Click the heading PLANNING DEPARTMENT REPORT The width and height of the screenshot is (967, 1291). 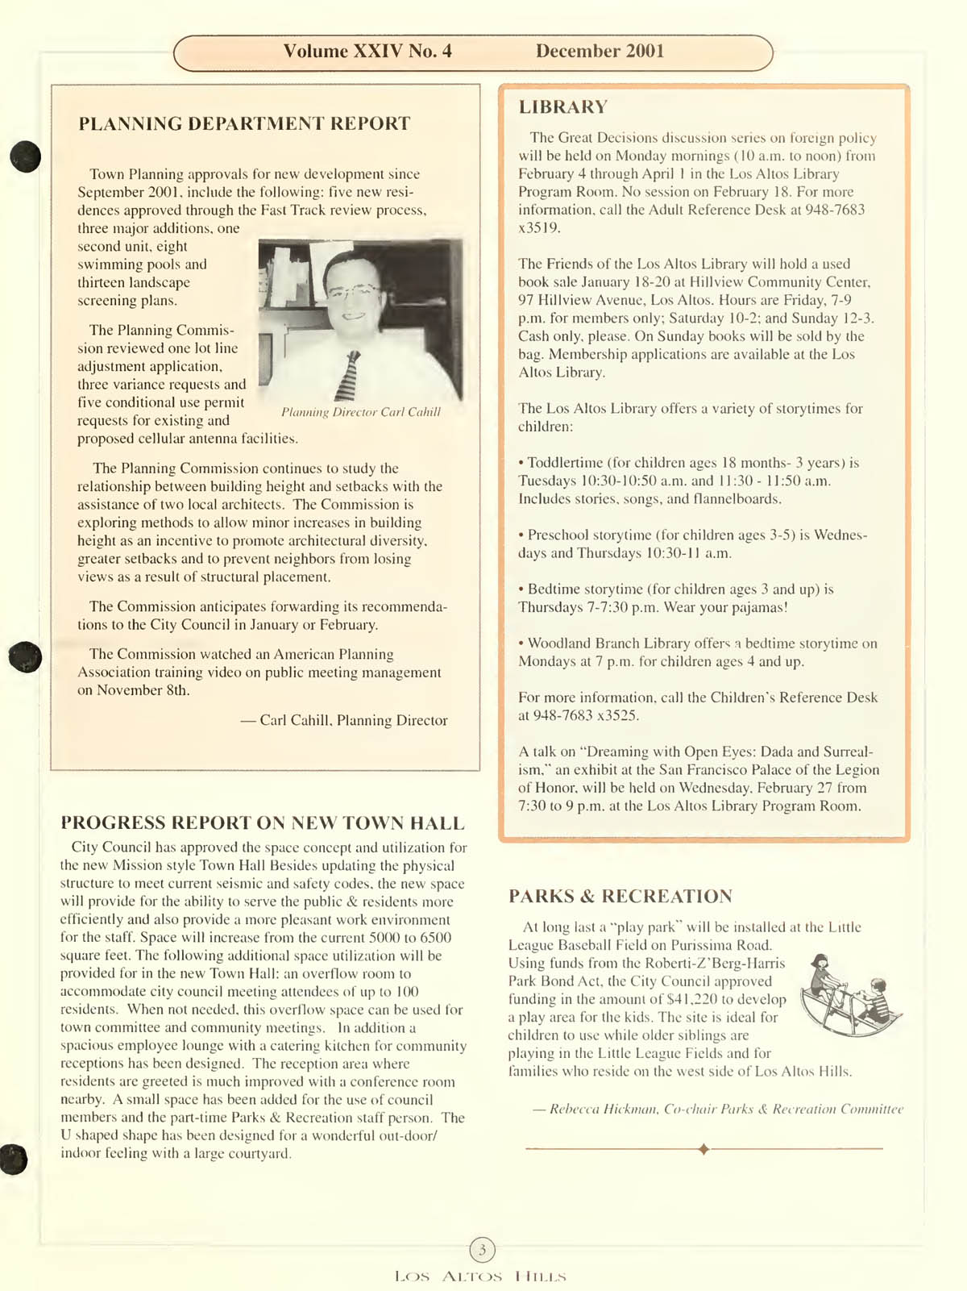tap(244, 123)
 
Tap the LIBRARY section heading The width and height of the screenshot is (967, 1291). tap(563, 106)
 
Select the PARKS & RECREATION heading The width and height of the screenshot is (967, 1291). tap(620, 896)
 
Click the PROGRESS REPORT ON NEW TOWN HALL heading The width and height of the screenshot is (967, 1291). tap(263, 822)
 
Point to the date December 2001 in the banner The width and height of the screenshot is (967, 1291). tap(600, 52)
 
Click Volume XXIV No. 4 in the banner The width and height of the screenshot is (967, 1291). tap(367, 52)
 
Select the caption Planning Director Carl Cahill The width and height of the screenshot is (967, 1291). tap(361, 412)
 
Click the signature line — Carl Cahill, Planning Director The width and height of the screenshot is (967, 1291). tap(344, 720)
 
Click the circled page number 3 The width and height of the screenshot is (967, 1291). tap(482, 1250)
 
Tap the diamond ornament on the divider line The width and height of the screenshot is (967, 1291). tap(703, 1148)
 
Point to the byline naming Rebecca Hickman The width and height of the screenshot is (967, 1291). tap(718, 1109)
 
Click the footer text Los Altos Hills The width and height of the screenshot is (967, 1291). tap(481, 1276)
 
